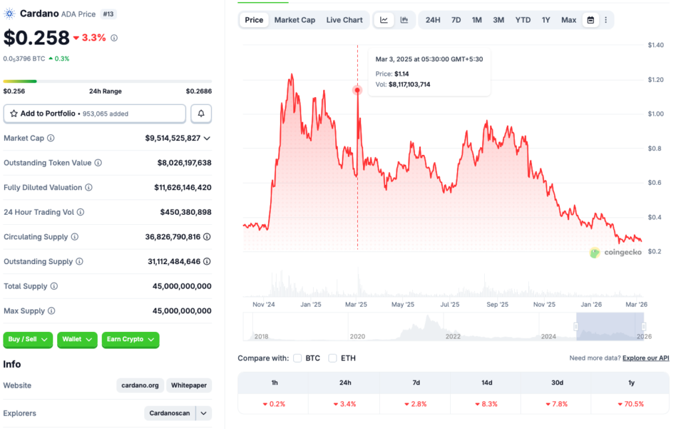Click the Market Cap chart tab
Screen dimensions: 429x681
coord(295,20)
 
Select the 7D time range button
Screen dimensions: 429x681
coord(456,20)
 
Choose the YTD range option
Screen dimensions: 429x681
coord(523,20)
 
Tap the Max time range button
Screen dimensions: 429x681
coord(569,20)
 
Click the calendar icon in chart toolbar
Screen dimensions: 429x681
coord(590,20)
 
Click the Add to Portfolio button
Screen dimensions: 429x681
coord(94,114)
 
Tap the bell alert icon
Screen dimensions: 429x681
coord(202,114)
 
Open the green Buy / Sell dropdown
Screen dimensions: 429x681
coord(28,339)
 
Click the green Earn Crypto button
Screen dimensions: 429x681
coord(130,339)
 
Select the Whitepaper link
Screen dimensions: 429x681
coord(190,385)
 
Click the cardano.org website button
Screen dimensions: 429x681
coord(140,385)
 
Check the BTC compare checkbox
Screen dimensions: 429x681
coord(298,358)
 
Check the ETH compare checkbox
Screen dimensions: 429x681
coord(333,358)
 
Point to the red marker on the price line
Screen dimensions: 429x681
coord(358,90)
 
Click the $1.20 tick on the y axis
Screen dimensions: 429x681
coord(656,80)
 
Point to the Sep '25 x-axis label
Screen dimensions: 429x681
coord(497,305)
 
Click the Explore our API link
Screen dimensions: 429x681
coord(646,358)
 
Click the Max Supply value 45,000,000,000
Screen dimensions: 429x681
coord(182,311)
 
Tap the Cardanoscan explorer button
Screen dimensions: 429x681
coord(170,413)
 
